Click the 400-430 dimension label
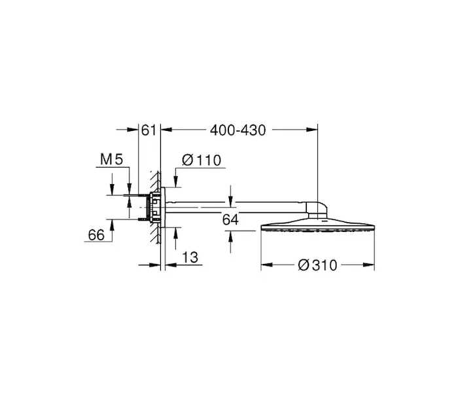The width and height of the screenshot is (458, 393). [238, 130]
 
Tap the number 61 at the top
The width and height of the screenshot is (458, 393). [149, 130]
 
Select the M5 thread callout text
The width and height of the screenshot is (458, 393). [112, 160]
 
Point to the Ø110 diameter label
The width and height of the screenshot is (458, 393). [202, 160]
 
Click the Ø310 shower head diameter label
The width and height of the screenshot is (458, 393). [317, 265]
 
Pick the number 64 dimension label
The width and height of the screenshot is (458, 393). [230, 219]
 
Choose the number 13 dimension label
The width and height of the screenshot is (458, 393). [190, 257]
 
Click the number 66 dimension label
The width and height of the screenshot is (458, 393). [96, 234]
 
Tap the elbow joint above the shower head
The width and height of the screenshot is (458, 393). [317, 210]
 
